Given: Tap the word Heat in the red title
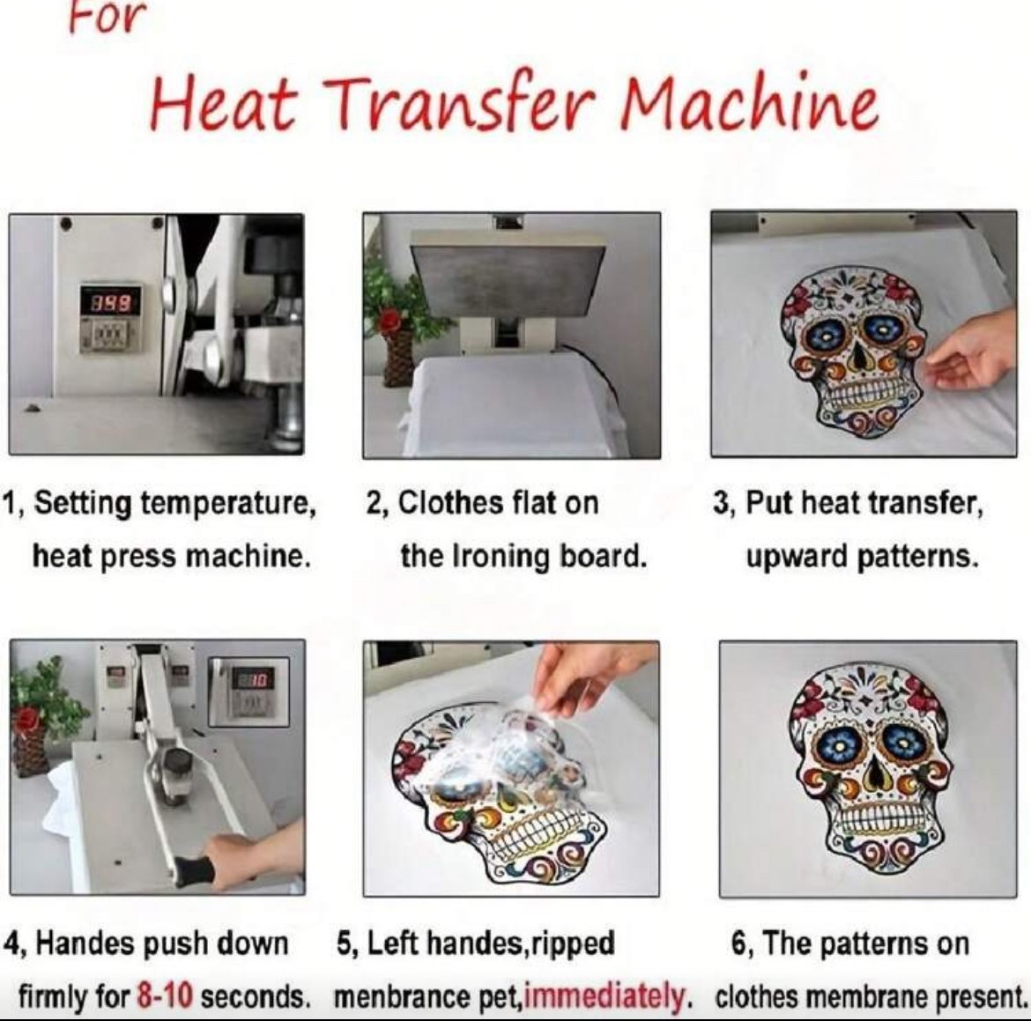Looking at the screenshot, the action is (x=224, y=105).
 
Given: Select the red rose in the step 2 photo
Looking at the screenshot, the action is (x=389, y=320).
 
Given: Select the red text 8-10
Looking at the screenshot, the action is (x=165, y=996).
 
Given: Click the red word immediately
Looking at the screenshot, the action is (x=603, y=997).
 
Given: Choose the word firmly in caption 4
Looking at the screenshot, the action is (x=54, y=997).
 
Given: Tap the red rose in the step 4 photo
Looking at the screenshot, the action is (x=28, y=717).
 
